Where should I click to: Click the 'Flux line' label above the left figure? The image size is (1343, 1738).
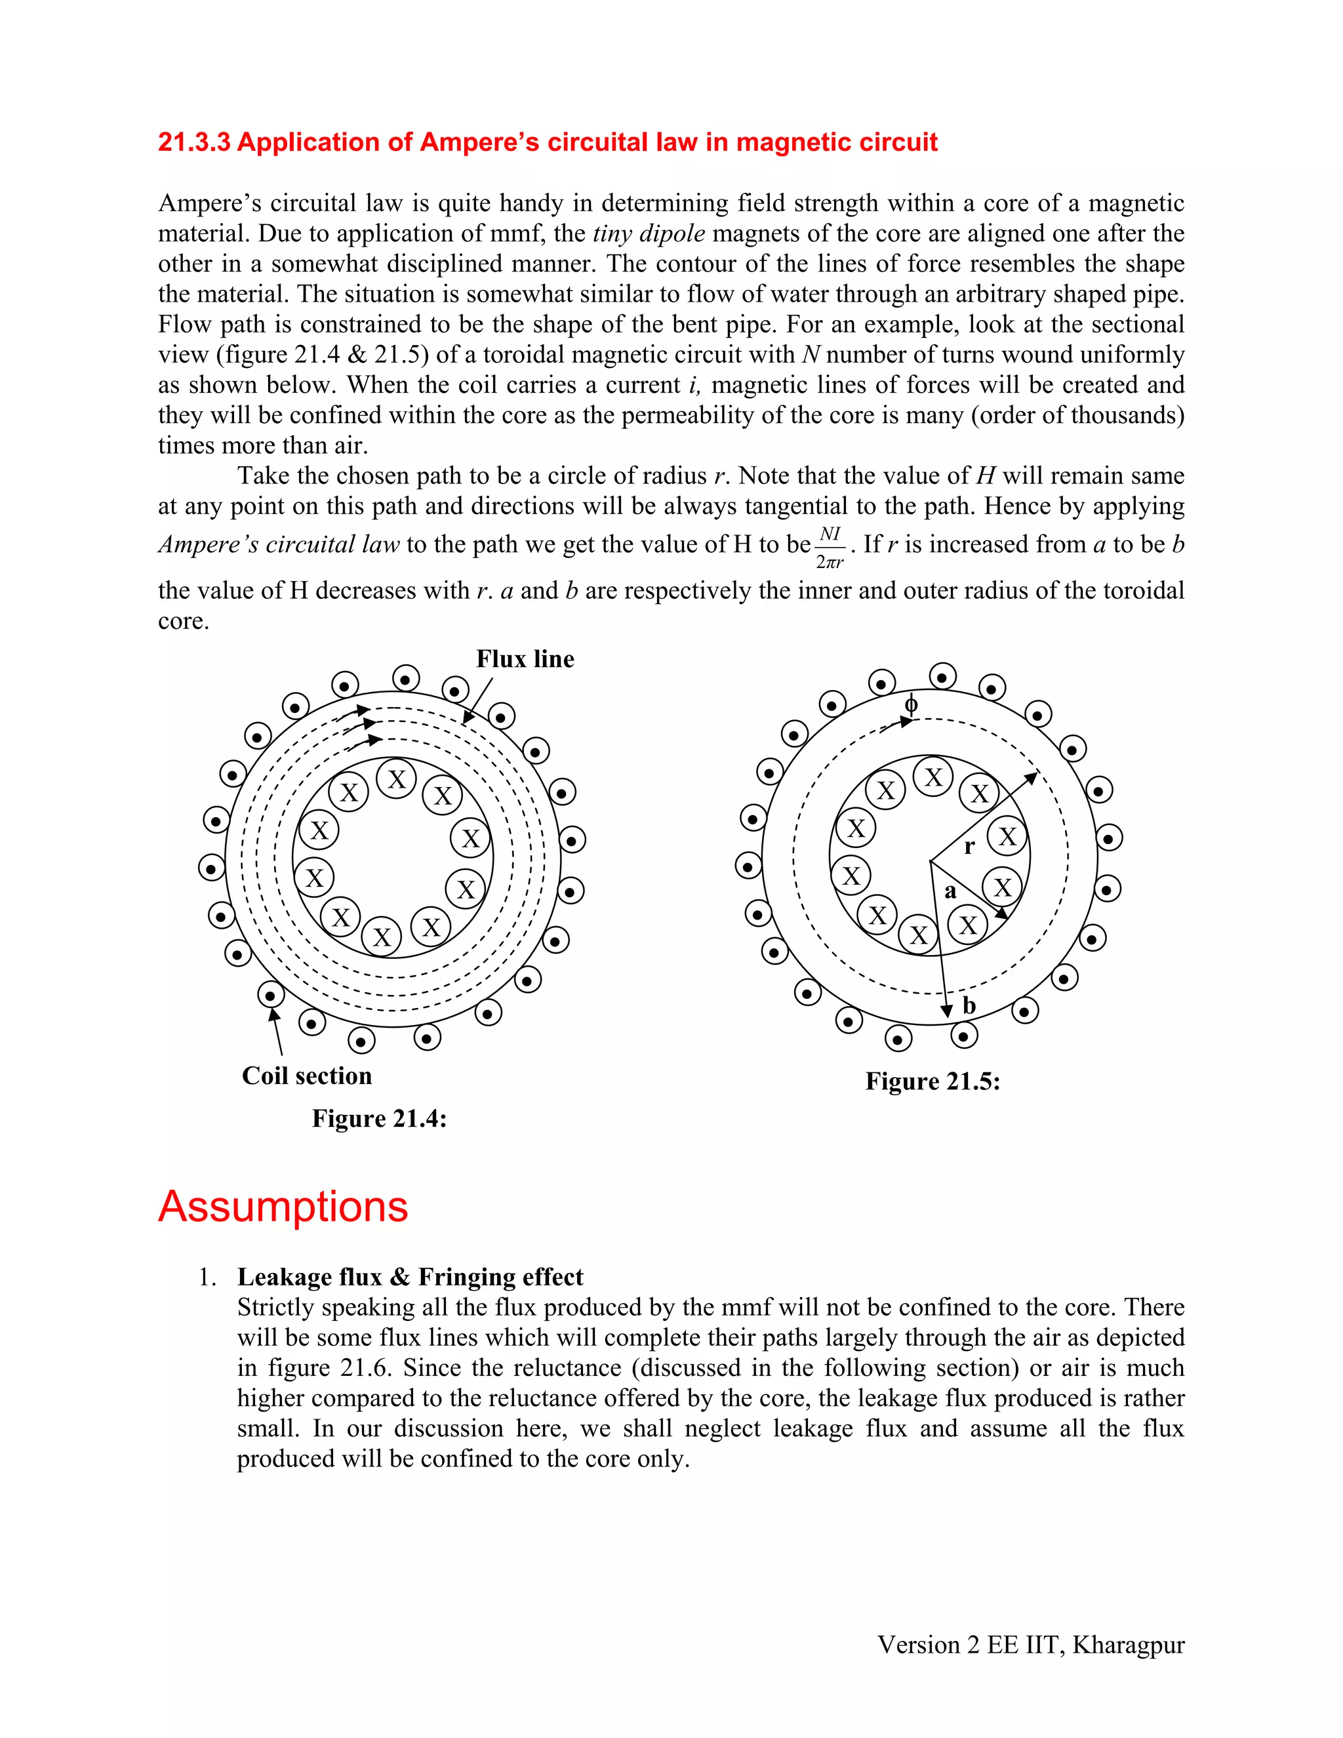tap(525, 659)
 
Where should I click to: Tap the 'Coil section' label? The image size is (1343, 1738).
tap(306, 1076)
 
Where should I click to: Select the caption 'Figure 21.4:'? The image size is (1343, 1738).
tap(379, 1118)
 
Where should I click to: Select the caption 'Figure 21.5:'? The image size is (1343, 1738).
tap(932, 1081)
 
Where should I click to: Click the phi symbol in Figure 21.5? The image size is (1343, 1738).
tap(911, 704)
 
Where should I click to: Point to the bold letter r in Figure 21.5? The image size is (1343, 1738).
tap(969, 847)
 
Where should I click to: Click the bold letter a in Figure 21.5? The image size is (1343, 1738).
tap(950, 891)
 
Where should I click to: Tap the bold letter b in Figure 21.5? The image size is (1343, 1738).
tap(969, 1006)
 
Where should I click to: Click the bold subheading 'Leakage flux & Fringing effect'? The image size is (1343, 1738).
tap(410, 1277)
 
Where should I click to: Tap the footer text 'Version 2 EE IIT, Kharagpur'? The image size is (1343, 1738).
tap(1030, 1645)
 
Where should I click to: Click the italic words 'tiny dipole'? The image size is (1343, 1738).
tap(649, 234)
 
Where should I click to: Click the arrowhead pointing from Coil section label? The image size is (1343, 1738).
tap(273, 1015)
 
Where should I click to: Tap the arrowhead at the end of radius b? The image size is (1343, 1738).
tap(947, 1011)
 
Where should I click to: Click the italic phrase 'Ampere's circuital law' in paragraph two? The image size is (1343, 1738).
tap(279, 544)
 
